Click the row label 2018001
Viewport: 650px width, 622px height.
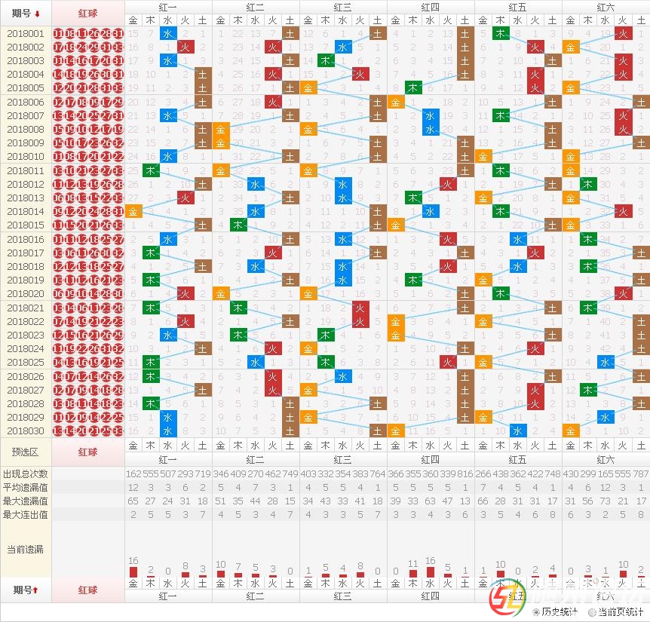[x=26, y=33]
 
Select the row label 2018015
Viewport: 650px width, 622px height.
[x=26, y=225]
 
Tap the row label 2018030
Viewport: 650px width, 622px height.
[x=26, y=430]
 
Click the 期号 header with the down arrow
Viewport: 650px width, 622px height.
[x=26, y=13]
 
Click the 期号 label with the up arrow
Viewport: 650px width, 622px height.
[x=26, y=589]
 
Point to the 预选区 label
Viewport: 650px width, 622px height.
[x=26, y=452]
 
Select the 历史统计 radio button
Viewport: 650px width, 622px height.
[x=536, y=612]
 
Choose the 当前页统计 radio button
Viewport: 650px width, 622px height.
[x=592, y=612]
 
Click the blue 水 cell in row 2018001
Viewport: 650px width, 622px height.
[x=168, y=33]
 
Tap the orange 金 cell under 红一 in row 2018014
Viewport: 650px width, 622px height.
[x=133, y=211]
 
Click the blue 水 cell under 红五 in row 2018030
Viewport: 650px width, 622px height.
[x=517, y=430]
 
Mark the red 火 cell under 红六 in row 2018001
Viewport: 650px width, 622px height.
[x=623, y=33]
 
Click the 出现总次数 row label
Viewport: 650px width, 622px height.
[x=26, y=473]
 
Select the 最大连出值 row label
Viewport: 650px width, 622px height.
[x=26, y=514]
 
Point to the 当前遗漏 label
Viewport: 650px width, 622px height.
[x=26, y=549]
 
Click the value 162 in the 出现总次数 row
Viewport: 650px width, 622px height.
[x=133, y=473]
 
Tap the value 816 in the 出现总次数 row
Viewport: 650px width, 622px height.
[x=465, y=473]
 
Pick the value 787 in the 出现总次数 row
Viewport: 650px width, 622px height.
[x=640, y=473]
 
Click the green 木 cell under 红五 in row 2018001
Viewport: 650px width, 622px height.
[x=500, y=33]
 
